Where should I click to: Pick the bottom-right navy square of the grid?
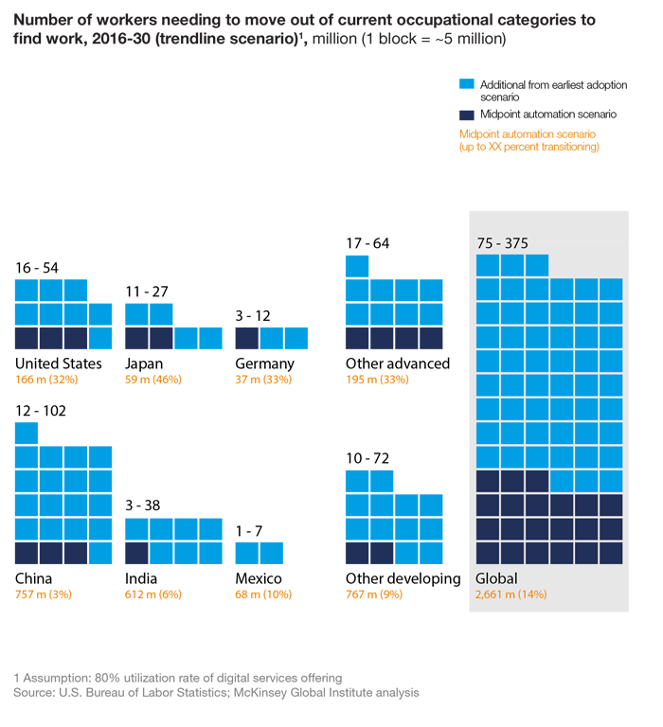click(610, 552)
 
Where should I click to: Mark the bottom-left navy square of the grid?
click(488, 552)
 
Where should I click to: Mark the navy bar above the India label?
click(133, 554)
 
